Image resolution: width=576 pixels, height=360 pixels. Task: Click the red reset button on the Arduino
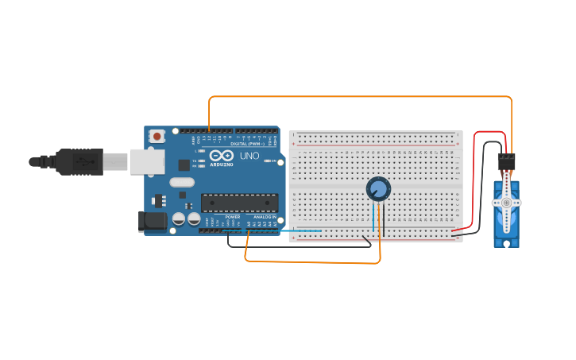(x=157, y=136)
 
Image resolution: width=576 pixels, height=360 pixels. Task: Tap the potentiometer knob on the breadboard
(x=378, y=189)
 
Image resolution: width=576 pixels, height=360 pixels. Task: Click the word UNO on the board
(x=249, y=156)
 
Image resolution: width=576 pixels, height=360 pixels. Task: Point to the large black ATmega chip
(x=239, y=203)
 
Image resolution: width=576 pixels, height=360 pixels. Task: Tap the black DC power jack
(x=152, y=221)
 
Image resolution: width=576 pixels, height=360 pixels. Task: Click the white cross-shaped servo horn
(x=505, y=203)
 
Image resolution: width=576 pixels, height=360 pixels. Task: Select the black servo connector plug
(x=506, y=161)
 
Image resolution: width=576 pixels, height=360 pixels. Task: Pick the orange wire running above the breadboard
(x=358, y=97)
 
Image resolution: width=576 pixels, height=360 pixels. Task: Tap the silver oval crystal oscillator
(x=182, y=182)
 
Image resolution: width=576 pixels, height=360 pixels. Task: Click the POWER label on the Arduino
(x=232, y=217)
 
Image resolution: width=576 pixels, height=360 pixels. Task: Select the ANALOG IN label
(x=265, y=217)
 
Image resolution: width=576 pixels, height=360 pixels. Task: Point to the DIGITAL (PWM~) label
(x=248, y=143)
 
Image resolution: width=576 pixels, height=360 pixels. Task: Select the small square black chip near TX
(x=184, y=165)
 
